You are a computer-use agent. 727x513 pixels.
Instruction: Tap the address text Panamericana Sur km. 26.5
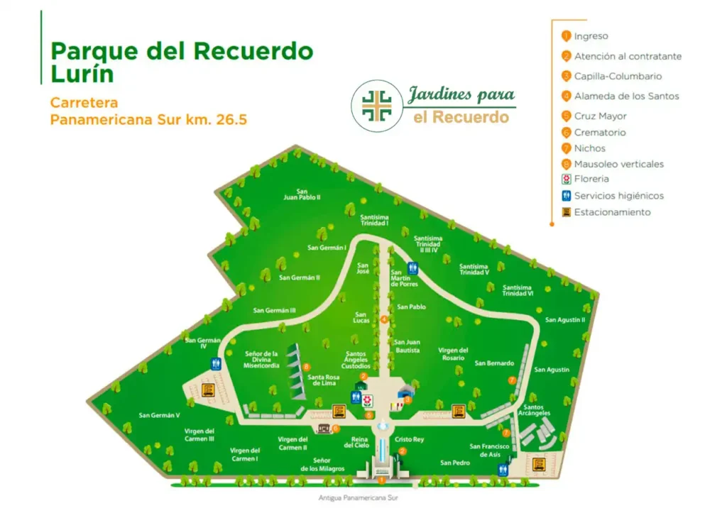click(148, 119)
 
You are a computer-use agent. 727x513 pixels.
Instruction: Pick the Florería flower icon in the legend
click(566, 180)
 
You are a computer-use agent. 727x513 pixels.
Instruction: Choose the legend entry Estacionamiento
click(612, 212)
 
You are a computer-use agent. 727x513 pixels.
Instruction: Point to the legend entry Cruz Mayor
click(600, 116)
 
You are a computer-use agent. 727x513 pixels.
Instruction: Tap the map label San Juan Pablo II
click(302, 194)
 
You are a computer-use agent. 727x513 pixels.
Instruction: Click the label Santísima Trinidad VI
click(518, 290)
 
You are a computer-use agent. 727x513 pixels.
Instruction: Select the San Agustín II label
click(565, 320)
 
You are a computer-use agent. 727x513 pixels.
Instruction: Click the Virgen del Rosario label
click(453, 354)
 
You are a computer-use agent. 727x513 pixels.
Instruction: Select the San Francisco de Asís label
click(490, 450)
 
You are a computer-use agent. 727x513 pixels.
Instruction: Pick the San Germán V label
click(159, 416)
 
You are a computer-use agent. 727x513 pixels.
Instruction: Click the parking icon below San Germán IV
click(208, 390)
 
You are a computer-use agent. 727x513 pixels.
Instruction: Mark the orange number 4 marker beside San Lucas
click(384, 319)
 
